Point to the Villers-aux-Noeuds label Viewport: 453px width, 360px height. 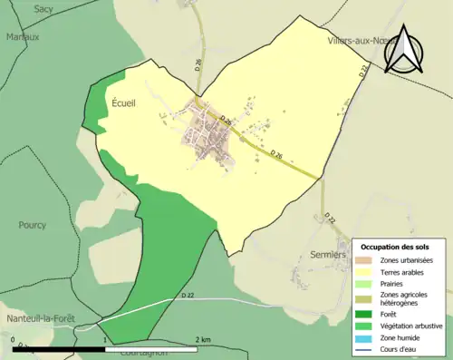[362, 42]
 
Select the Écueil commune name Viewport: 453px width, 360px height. [126, 104]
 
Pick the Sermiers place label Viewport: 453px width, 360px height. [327, 255]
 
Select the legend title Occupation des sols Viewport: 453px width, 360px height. [395, 247]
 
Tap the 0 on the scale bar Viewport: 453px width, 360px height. [14, 339]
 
